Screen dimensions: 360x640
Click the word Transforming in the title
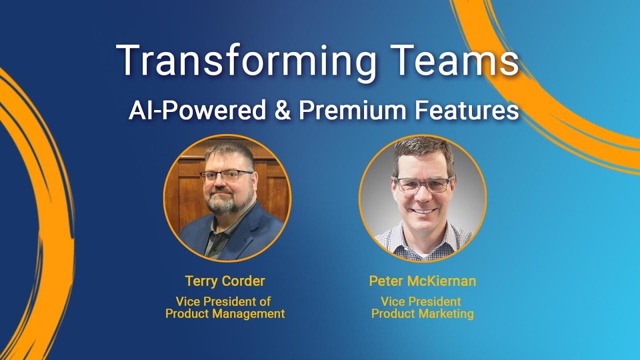(x=245, y=61)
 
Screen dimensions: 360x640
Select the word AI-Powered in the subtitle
(x=197, y=110)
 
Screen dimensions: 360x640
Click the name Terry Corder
(x=225, y=281)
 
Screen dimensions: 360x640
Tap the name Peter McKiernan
(x=422, y=281)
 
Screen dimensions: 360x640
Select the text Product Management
(x=225, y=314)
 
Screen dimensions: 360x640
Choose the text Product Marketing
(x=422, y=314)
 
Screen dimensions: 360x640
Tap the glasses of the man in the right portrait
(x=423, y=184)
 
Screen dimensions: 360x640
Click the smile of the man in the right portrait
(x=424, y=210)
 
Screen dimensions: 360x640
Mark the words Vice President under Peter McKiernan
(x=421, y=301)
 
